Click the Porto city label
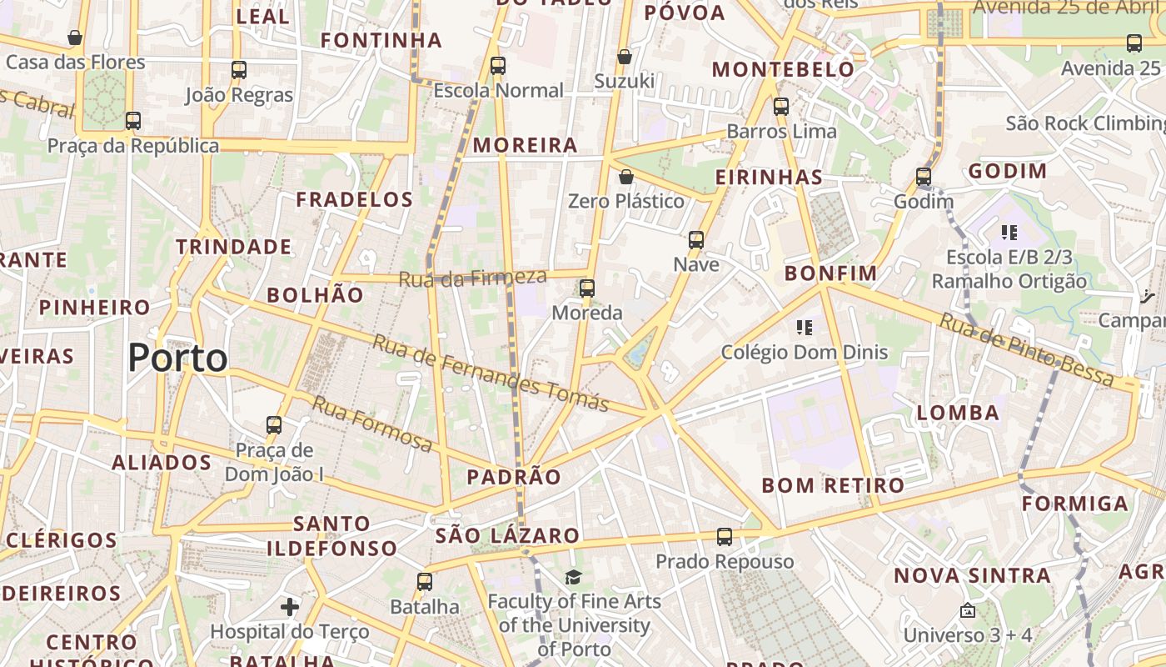coord(177,358)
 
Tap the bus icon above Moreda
coord(587,288)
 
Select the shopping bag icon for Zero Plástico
coord(626,177)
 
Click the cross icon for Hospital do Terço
coord(290,607)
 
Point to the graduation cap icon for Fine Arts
coord(573,577)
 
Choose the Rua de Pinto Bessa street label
coord(1026,349)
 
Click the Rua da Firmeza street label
coord(472,278)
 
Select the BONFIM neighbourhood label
coord(831,273)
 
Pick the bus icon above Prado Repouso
coord(725,537)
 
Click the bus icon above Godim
coord(924,177)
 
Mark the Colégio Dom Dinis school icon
coord(804,327)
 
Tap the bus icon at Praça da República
coord(133,121)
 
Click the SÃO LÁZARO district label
coord(507,535)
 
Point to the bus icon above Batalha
coord(425,582)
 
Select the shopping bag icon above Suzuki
coord(625,57)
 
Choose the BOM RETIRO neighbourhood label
coord(833,485)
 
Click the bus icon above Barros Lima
coord(781,107)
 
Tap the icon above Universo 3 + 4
coord(967,611)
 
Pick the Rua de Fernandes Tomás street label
coord(491,373)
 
